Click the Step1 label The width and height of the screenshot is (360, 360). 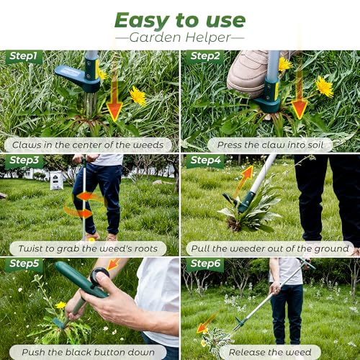(x=23, y=56)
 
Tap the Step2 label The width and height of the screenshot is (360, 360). (x=205, y=56)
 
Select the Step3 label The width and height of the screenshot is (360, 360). (x=24, y=161)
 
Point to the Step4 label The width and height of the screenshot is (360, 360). (x=205, y=161)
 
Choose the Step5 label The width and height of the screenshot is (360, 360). (x=24, y=264)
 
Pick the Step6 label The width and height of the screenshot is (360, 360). (x=205, y=264)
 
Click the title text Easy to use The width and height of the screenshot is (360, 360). (x=180, y=20)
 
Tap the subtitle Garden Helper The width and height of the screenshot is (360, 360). (x=180, y=37)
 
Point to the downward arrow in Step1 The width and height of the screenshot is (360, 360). (x=114, y=96)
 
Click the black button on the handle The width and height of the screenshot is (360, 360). (x=99, y=276)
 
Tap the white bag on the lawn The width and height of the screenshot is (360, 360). (x=57, y=180)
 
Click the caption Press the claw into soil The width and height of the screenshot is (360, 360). (x=270, y=145)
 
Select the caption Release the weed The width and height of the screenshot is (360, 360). (x=270, y=352)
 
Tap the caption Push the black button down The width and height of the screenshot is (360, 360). (x=88, y=352)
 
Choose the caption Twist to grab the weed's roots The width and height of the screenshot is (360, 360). (x=88, y=248)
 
